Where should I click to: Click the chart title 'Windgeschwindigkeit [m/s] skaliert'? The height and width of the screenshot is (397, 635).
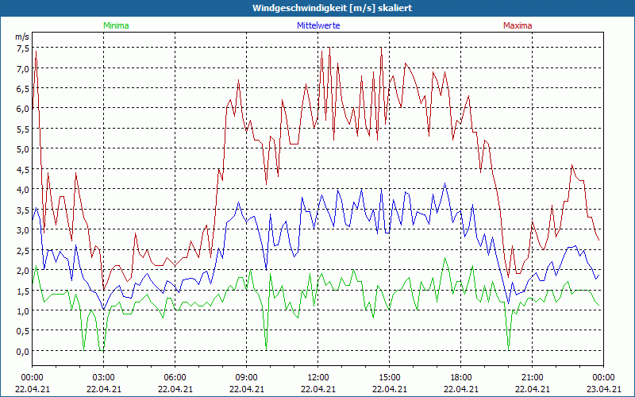pyautogui.click(x=333, y=8)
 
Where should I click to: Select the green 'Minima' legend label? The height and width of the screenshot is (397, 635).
pyautogui.click(x=115, y=25)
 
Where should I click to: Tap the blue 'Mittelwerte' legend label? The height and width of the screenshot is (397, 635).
pyautogui.click(x=318, y=25)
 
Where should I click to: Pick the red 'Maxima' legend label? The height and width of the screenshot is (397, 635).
pyautogui.click(x=518, y=25)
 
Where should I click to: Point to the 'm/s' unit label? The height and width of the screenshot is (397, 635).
pyautogui.click(x=22, y=37)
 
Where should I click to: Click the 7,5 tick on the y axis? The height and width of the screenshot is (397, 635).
pyautogui.click(x=22, y=48)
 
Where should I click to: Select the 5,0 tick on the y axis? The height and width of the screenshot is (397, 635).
pyautogui.click(x=22, y=149)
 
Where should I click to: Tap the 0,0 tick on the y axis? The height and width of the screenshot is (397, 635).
pyautogui.click(x=22, y=351)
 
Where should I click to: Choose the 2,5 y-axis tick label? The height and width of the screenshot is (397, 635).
pyautogui.click(x=22, y=250)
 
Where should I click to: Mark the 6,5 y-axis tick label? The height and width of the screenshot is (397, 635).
pyautogui.click(x=22, y=89)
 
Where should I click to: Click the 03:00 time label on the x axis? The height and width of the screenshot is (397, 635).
pyautogui.click(x=103, y=377)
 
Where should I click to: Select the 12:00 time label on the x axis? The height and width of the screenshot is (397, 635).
pyautogui.click(x=317, y=377)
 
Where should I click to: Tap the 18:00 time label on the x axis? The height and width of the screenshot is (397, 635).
pyautogui.click(x=460, y=377)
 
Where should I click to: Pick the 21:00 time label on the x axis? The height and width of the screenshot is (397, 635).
pyautogui.click(x=532, y=377)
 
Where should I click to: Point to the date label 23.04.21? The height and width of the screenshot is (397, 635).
pyautogui.click(x=603, y=389)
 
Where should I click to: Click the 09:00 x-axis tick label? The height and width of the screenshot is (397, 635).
pyautogui.click(x=246, y=377)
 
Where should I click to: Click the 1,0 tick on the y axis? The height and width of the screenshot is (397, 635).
pyautogui.click(x=22, y=310)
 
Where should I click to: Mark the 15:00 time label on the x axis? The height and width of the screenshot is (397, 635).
pyautogui.click(x=389, y=377)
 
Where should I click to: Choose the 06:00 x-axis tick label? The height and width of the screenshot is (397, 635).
pyautogui.click(x=175, y=377)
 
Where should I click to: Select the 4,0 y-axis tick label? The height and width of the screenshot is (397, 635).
pyautogui.click(x=22, y=190)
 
